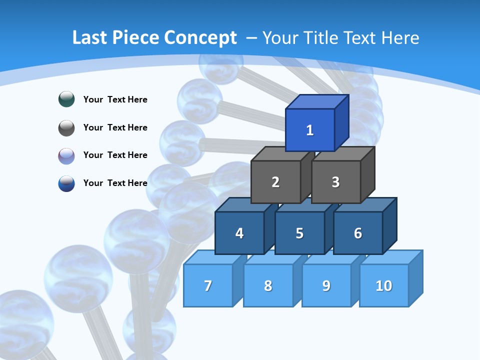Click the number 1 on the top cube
coord(309,130)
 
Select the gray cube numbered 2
coord(275,182)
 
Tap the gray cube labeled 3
coord(335,182)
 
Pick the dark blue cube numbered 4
coord(239,233)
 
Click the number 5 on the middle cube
coord(299,233)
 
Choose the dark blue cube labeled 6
coord(358,233)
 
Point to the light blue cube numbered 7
coord(208,285)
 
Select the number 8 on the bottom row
coord(268,285)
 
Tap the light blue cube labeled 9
coord(326,285)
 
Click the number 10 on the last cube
coord(383,285)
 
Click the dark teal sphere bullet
coord(66,99)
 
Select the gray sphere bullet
coord(66,127)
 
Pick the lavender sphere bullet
coord(66,155)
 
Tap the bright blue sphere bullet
coord(66,183)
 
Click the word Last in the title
coord(89,38)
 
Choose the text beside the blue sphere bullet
coord(115,183)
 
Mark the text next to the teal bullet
coord(115,99)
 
